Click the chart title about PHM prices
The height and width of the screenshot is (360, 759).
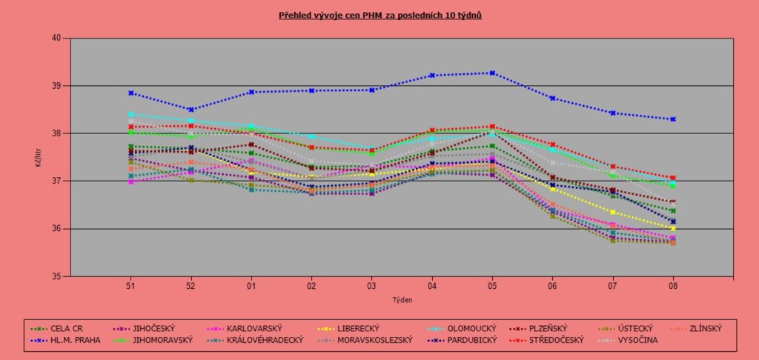coord(380,14)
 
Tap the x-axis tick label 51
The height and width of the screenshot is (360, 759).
coord(130,284)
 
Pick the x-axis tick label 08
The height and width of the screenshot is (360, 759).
coord(672,284)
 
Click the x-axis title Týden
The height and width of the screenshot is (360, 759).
coord(401,300)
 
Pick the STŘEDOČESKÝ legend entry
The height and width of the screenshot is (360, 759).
coord(557,340)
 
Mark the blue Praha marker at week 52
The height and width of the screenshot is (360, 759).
coord(190,110)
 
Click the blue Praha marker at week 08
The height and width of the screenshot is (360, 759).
coord(672,119)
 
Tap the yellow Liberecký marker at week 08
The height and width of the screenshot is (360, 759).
coord(672,228)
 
